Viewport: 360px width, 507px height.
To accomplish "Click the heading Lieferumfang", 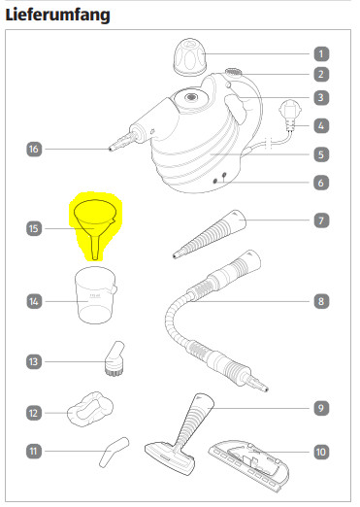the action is tap(58, 15).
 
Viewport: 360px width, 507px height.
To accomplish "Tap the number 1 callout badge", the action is tap(321, 54).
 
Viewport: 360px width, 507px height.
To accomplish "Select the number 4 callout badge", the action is tap(321, 125).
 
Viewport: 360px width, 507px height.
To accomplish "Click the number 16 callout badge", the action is tap(34, 149).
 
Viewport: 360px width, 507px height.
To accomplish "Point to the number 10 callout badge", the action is tap(321, 452).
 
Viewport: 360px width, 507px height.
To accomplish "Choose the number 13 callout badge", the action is tap(34, 361).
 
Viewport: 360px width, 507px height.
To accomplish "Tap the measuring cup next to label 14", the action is tap(96, 295).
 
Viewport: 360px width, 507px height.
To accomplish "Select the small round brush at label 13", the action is tap(115, 358).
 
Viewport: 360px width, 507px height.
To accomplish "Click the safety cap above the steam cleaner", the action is tap(190, 57).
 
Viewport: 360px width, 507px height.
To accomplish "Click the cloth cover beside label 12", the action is tap(90, 409).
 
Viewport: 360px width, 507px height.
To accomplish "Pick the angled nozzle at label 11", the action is tap(113, 452).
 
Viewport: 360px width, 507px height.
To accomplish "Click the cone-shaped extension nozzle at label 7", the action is tap(210, 234).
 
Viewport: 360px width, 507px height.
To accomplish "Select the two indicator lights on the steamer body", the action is tap(219, 179).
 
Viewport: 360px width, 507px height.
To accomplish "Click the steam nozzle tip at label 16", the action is tap(111, 149).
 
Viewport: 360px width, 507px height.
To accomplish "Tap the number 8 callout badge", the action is tap(321, 301).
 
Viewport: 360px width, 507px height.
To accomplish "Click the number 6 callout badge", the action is tap(321, 183).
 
